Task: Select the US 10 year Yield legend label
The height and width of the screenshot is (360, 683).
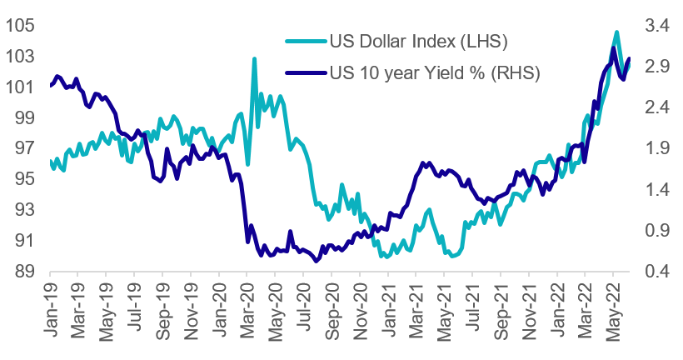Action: [x=435, y=72]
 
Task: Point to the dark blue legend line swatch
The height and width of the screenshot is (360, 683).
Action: [x=305, y=72]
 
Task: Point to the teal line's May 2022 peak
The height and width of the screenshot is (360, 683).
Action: [x=616, y=32]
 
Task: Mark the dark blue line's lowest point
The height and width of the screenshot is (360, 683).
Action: [x=317, y=260]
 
